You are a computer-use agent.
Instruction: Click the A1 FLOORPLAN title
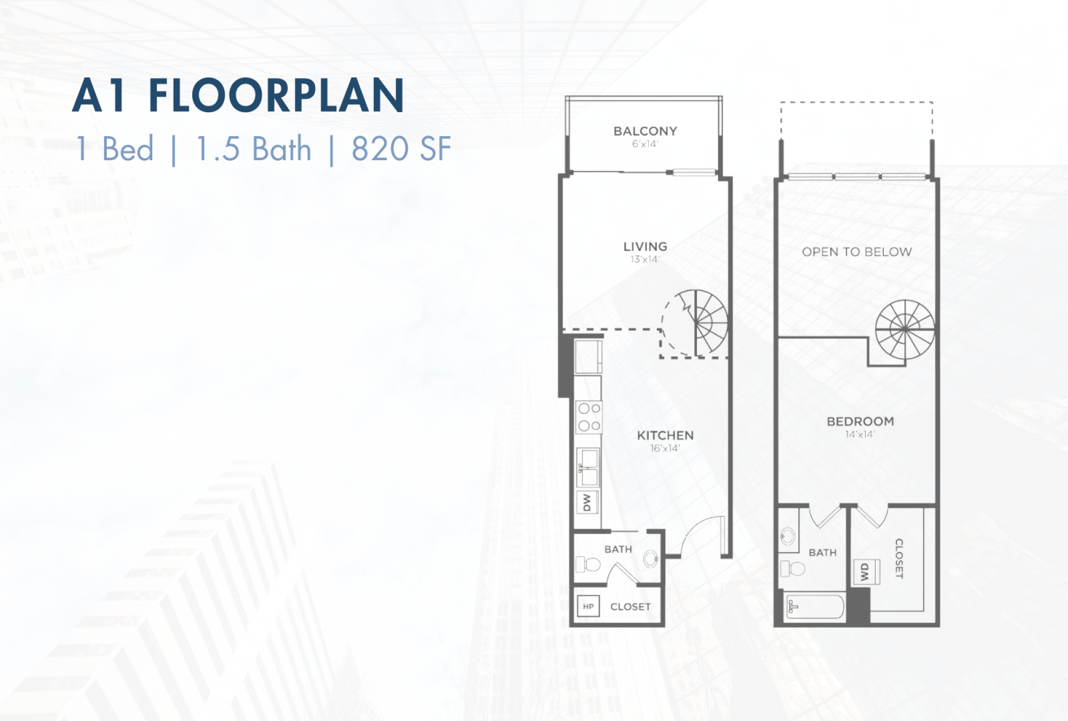point(238,96)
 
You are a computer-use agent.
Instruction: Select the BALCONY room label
point(645,131)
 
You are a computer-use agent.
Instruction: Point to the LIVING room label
point(645,246)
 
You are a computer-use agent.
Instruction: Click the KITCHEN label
point(665,435)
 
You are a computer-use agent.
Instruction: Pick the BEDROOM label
point(860,421)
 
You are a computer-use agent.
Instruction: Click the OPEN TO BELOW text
point(857,252)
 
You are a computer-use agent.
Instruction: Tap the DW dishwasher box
point(587,502)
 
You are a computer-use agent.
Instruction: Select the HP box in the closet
point(588,606)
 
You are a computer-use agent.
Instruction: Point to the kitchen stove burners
point(589,417)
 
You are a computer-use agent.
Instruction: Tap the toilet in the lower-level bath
point(588,563)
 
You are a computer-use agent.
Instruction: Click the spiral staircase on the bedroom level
point(905,330)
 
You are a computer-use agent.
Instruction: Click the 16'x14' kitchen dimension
point(665,448)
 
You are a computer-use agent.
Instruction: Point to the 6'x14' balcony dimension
point(645,144)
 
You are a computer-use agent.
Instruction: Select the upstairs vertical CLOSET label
point(899,558)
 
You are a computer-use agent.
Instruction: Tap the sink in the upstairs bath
point(788,536)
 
